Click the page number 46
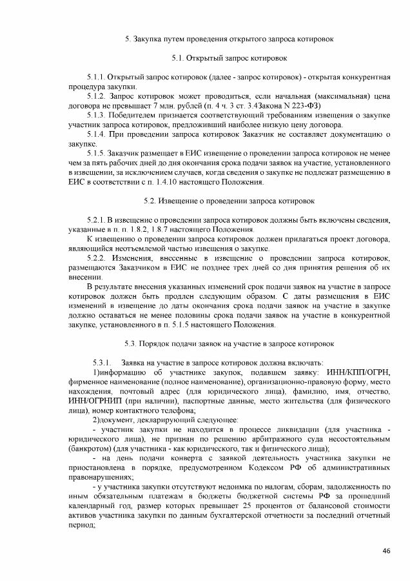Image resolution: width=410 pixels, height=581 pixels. tap(386, 550)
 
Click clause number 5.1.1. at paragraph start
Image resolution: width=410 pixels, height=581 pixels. tap(95, 77)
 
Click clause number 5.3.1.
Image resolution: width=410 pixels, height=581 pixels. tap(104, 361)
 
